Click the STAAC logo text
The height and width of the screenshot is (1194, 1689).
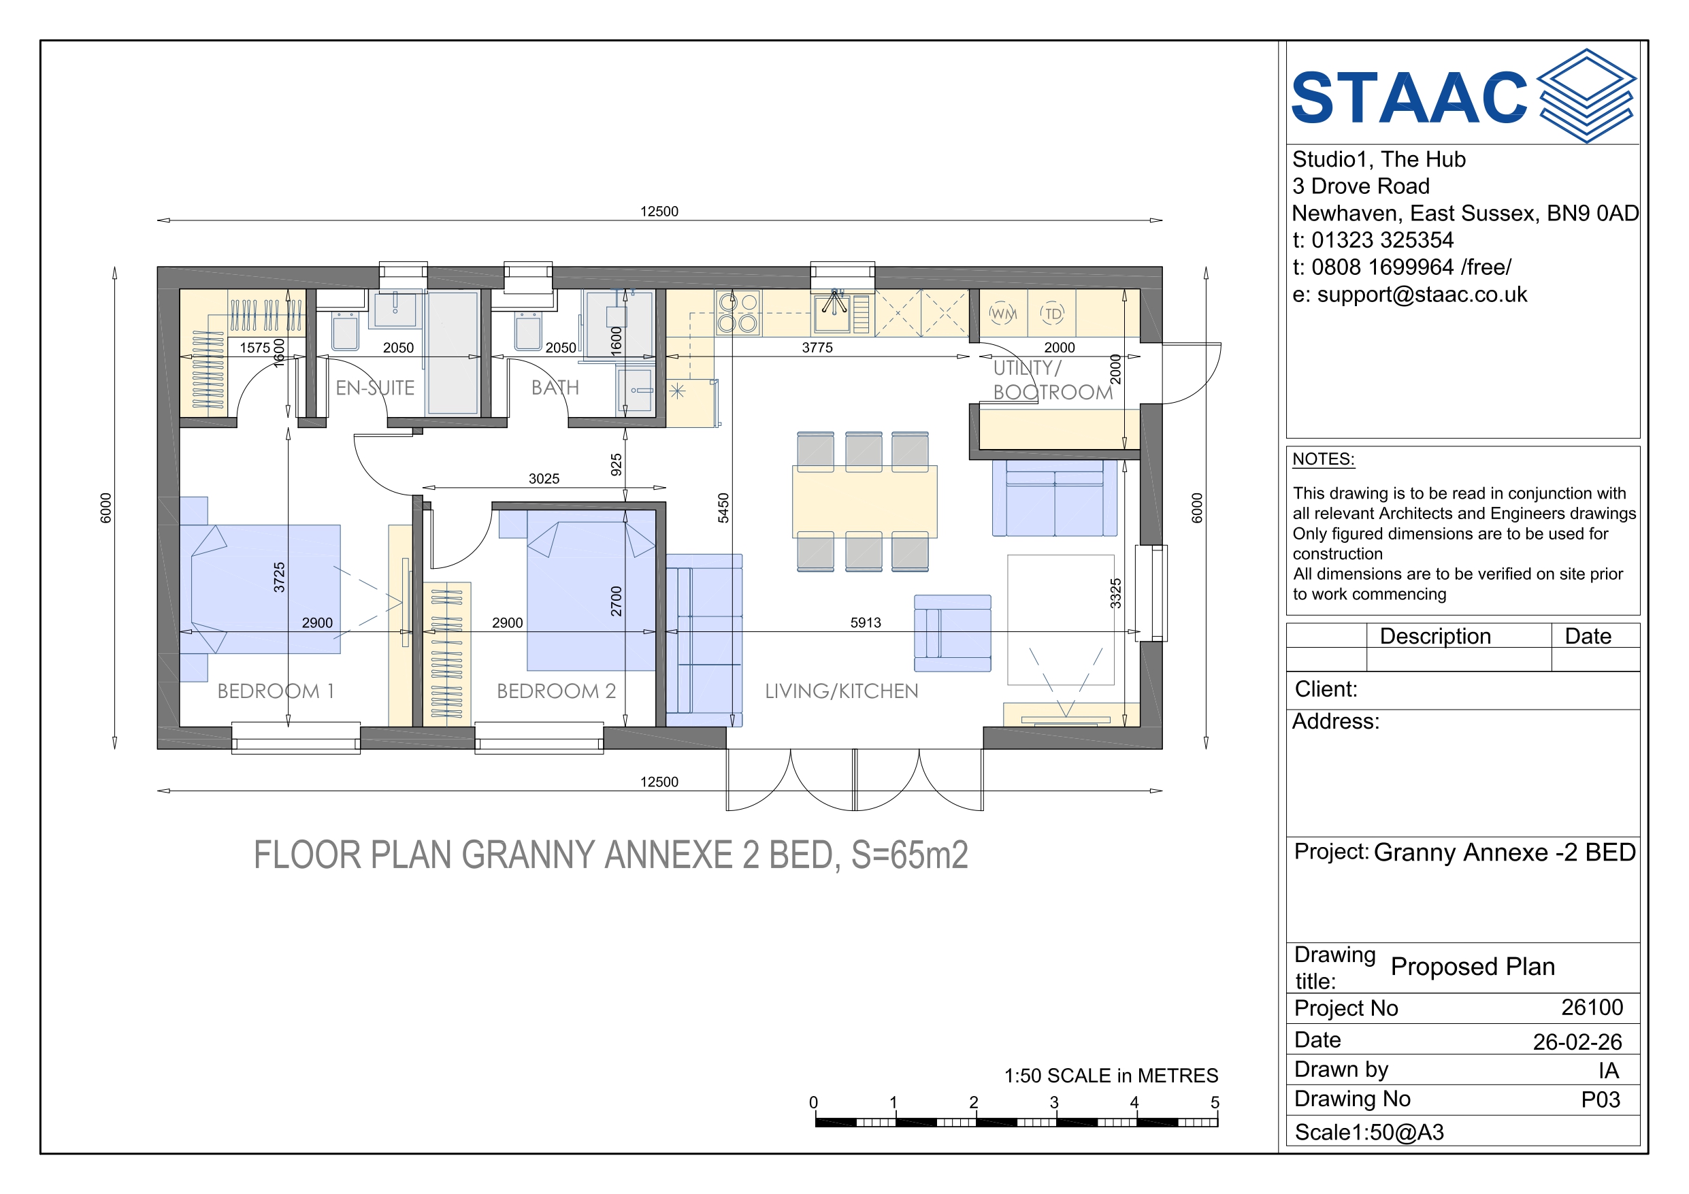click(x=1409, y=97)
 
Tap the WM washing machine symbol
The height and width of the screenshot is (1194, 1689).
click(x=1002, y=314)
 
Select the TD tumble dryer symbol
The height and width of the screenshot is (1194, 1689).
click(x=1053, y=314)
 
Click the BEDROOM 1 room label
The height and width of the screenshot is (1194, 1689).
click(x=276, y=691)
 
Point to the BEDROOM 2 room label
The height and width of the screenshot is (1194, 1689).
click(x=556, y=691)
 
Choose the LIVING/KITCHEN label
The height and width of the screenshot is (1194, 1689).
click(x=842, y=691)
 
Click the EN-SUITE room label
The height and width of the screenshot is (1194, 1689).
click(x=375, y=388)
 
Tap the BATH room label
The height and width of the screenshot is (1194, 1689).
click(x=555, y=388)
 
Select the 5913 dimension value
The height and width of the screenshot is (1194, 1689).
click(x=866, y=623)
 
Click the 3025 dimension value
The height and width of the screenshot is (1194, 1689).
click(x=544, y=479)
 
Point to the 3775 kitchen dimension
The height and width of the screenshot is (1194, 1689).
click(x=817, y=347)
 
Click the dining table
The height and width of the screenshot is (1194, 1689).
click(x=864, y=501)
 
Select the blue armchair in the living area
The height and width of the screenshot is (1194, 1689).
click(x=953, y=633)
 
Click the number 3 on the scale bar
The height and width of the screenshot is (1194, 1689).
click(x=1054, y=1102)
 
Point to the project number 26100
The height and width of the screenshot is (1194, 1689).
click(x=1592, y=1007)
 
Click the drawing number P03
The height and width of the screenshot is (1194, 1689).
click(x=1601, y=1099)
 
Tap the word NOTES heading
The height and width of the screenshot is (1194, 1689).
click(x=1324, y=459)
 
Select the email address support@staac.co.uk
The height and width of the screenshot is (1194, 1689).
click(x=1422, y=295)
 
